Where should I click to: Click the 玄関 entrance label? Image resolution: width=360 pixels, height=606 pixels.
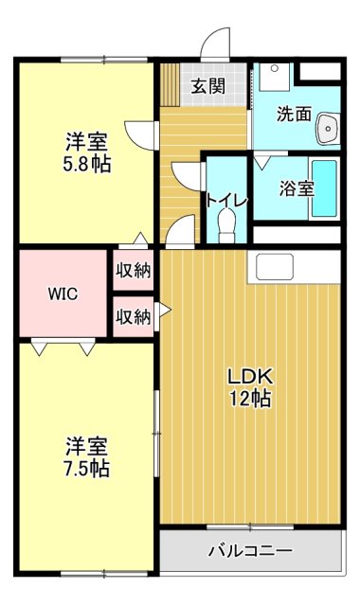click(207, 86)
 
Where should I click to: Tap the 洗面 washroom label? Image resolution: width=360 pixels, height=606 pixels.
click(294, 114)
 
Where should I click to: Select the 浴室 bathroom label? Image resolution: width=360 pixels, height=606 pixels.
click(296, 188)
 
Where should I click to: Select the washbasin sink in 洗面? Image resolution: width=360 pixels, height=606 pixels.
click(329, 127)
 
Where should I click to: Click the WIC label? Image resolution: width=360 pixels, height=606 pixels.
click(63, 293)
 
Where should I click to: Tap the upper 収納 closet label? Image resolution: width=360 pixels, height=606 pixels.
click(134, 270)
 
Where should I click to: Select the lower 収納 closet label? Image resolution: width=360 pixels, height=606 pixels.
click(134, 317)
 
